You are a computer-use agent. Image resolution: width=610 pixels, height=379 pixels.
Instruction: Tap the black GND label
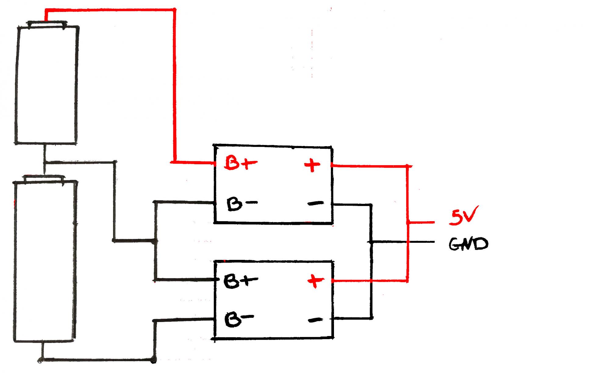pyautogui.click(x=468, y=244)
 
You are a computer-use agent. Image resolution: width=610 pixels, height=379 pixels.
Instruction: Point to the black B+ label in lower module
pyautogui.click(x=240, y=281)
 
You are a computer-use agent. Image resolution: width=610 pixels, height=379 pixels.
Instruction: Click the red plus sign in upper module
pyautogui.click(x=312, y=165)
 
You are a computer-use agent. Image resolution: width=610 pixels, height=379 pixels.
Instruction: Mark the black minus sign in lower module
pyautogui.click(x=315, y=320)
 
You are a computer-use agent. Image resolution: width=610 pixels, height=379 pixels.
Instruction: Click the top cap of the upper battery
pyautogui.click(x=46, y=24)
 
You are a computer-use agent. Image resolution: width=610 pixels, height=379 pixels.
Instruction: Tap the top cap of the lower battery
pyautogui.click(x=44, y=179)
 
